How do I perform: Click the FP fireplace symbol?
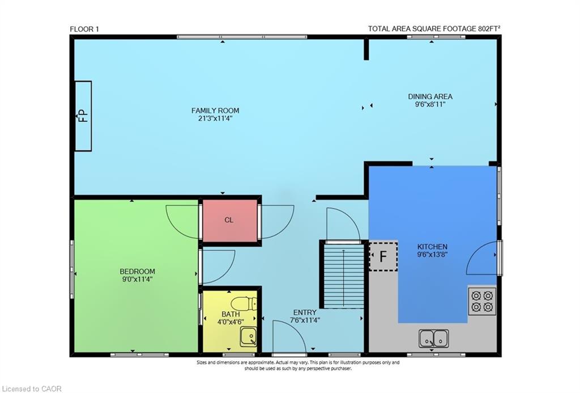click(83, 116)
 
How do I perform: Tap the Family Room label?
click(215, 111)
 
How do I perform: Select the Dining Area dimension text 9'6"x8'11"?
click(430, 104)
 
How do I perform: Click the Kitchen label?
click(432, 247)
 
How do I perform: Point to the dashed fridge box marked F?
click(383, 256)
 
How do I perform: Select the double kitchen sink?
click(433, 339)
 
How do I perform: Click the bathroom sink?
click(248, 337)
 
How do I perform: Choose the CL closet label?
click(229, 220)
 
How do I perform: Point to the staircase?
click(342, 275)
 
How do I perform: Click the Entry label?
click(304, 312)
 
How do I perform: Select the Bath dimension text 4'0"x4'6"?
click(230, 322)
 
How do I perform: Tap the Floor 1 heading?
click(84, 29)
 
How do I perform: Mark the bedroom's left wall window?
click(72, 269)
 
